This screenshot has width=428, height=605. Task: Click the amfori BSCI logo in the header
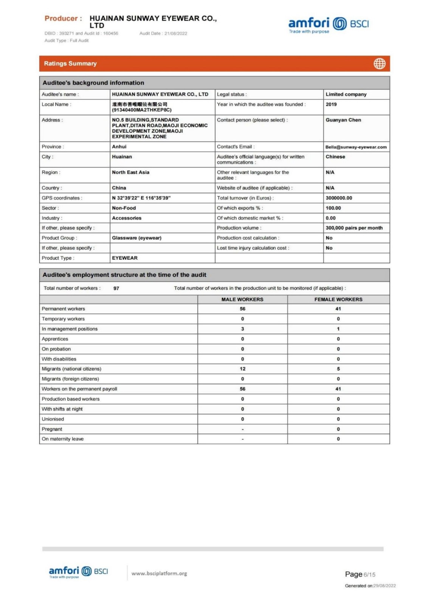point(328,25)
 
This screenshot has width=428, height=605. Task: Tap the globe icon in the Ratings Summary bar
point(379,64)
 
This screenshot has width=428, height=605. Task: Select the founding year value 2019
point(331,104)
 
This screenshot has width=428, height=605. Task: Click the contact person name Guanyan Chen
point(343,120)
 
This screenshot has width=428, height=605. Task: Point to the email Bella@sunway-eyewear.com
point(356,147)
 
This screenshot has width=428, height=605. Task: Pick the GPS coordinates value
point(141,198)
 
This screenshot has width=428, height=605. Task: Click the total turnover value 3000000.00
point(338,198)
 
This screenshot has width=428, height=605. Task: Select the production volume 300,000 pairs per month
point(354,228)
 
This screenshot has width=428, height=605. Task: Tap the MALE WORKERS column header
point(242,299)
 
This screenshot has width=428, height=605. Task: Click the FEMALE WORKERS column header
point(338,299)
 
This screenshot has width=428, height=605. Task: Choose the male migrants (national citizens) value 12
point(242,369)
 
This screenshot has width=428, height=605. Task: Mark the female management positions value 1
point(338,329)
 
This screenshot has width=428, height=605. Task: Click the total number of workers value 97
point(116,289)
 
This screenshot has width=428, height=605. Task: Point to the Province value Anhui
point(119,147)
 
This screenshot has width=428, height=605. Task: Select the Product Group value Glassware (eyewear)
point(136,238)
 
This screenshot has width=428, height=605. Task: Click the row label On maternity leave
point(63,439)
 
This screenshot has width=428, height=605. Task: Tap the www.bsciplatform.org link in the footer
point(159,574)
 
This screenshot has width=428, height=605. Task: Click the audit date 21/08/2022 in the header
point(175,33)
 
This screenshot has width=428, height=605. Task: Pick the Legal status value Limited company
point(346,94)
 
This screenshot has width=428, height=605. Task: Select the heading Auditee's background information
point(93,83)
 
